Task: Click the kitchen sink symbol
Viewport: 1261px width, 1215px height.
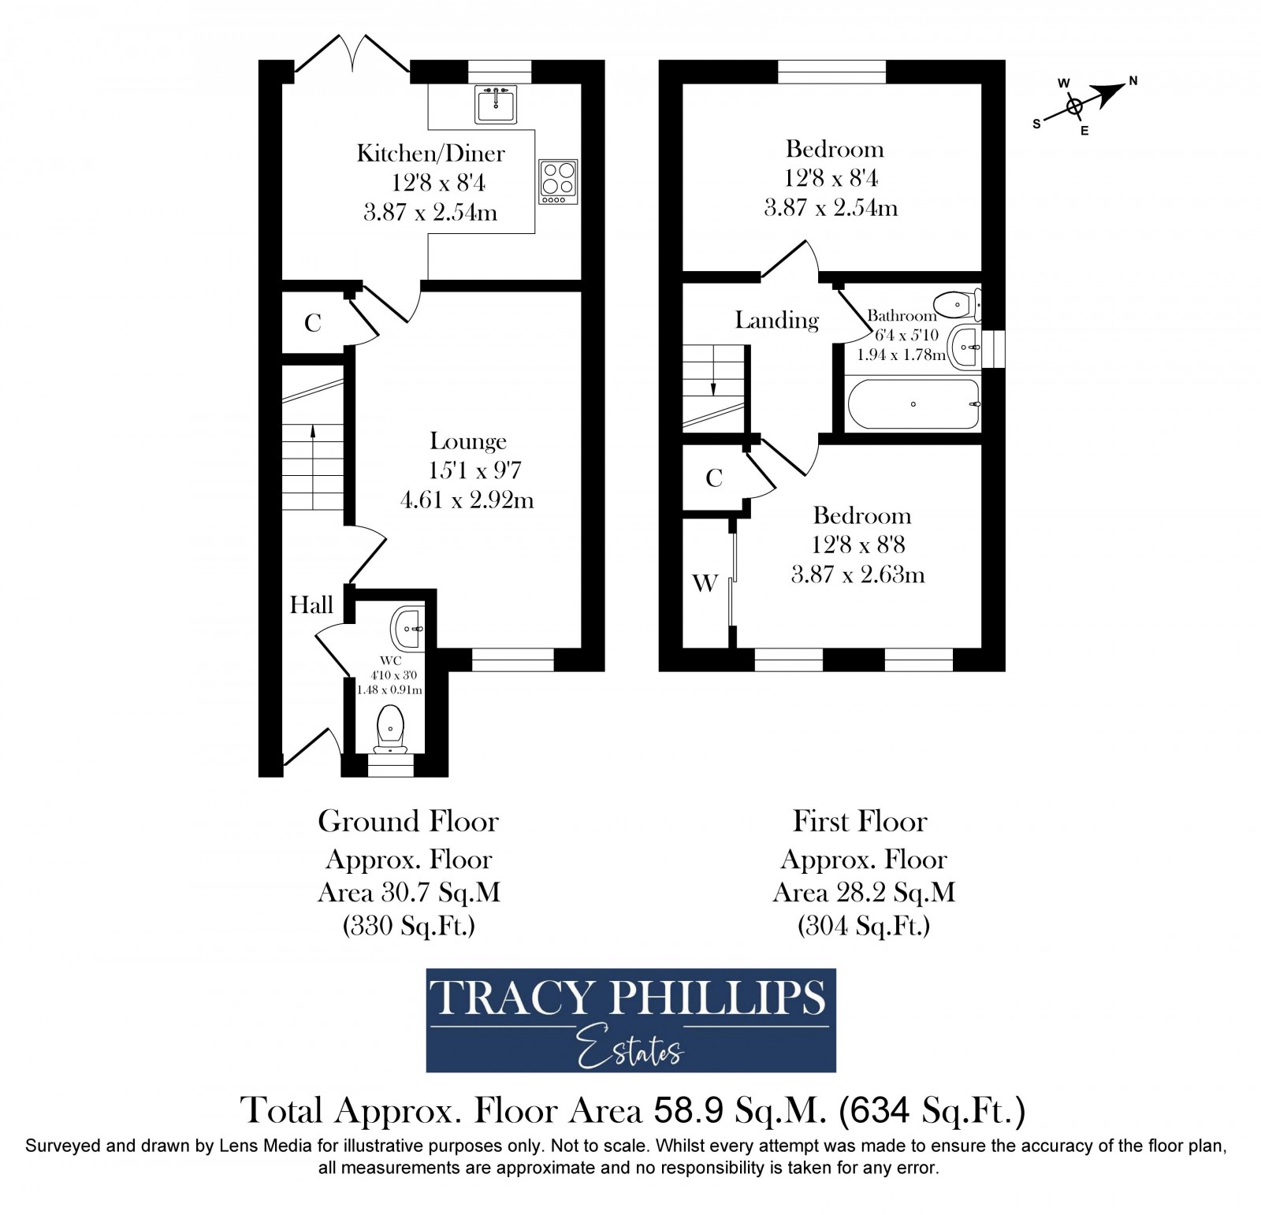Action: click(496, 103)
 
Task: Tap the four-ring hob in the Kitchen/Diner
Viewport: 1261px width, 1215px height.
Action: click(558, 181)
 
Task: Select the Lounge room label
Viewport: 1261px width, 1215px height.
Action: click(468, 441)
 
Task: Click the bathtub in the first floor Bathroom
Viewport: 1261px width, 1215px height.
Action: click(913, 404)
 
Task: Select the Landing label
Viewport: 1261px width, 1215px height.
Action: click(776, 320)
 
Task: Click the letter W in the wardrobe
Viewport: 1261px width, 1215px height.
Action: click(705, 583)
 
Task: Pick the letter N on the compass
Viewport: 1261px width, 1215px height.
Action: click(1133, 80)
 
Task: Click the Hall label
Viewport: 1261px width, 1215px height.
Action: click(311, 605)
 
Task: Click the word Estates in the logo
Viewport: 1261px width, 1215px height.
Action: click(630, 1050)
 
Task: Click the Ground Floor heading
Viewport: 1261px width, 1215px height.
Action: click(408, 821)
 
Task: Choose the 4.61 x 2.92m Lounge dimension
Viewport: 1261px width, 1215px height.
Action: click(467, 500)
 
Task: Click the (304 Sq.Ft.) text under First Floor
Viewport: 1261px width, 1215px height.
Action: click(864, 925)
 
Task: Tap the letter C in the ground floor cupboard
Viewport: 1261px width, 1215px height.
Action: click(313, 323)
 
